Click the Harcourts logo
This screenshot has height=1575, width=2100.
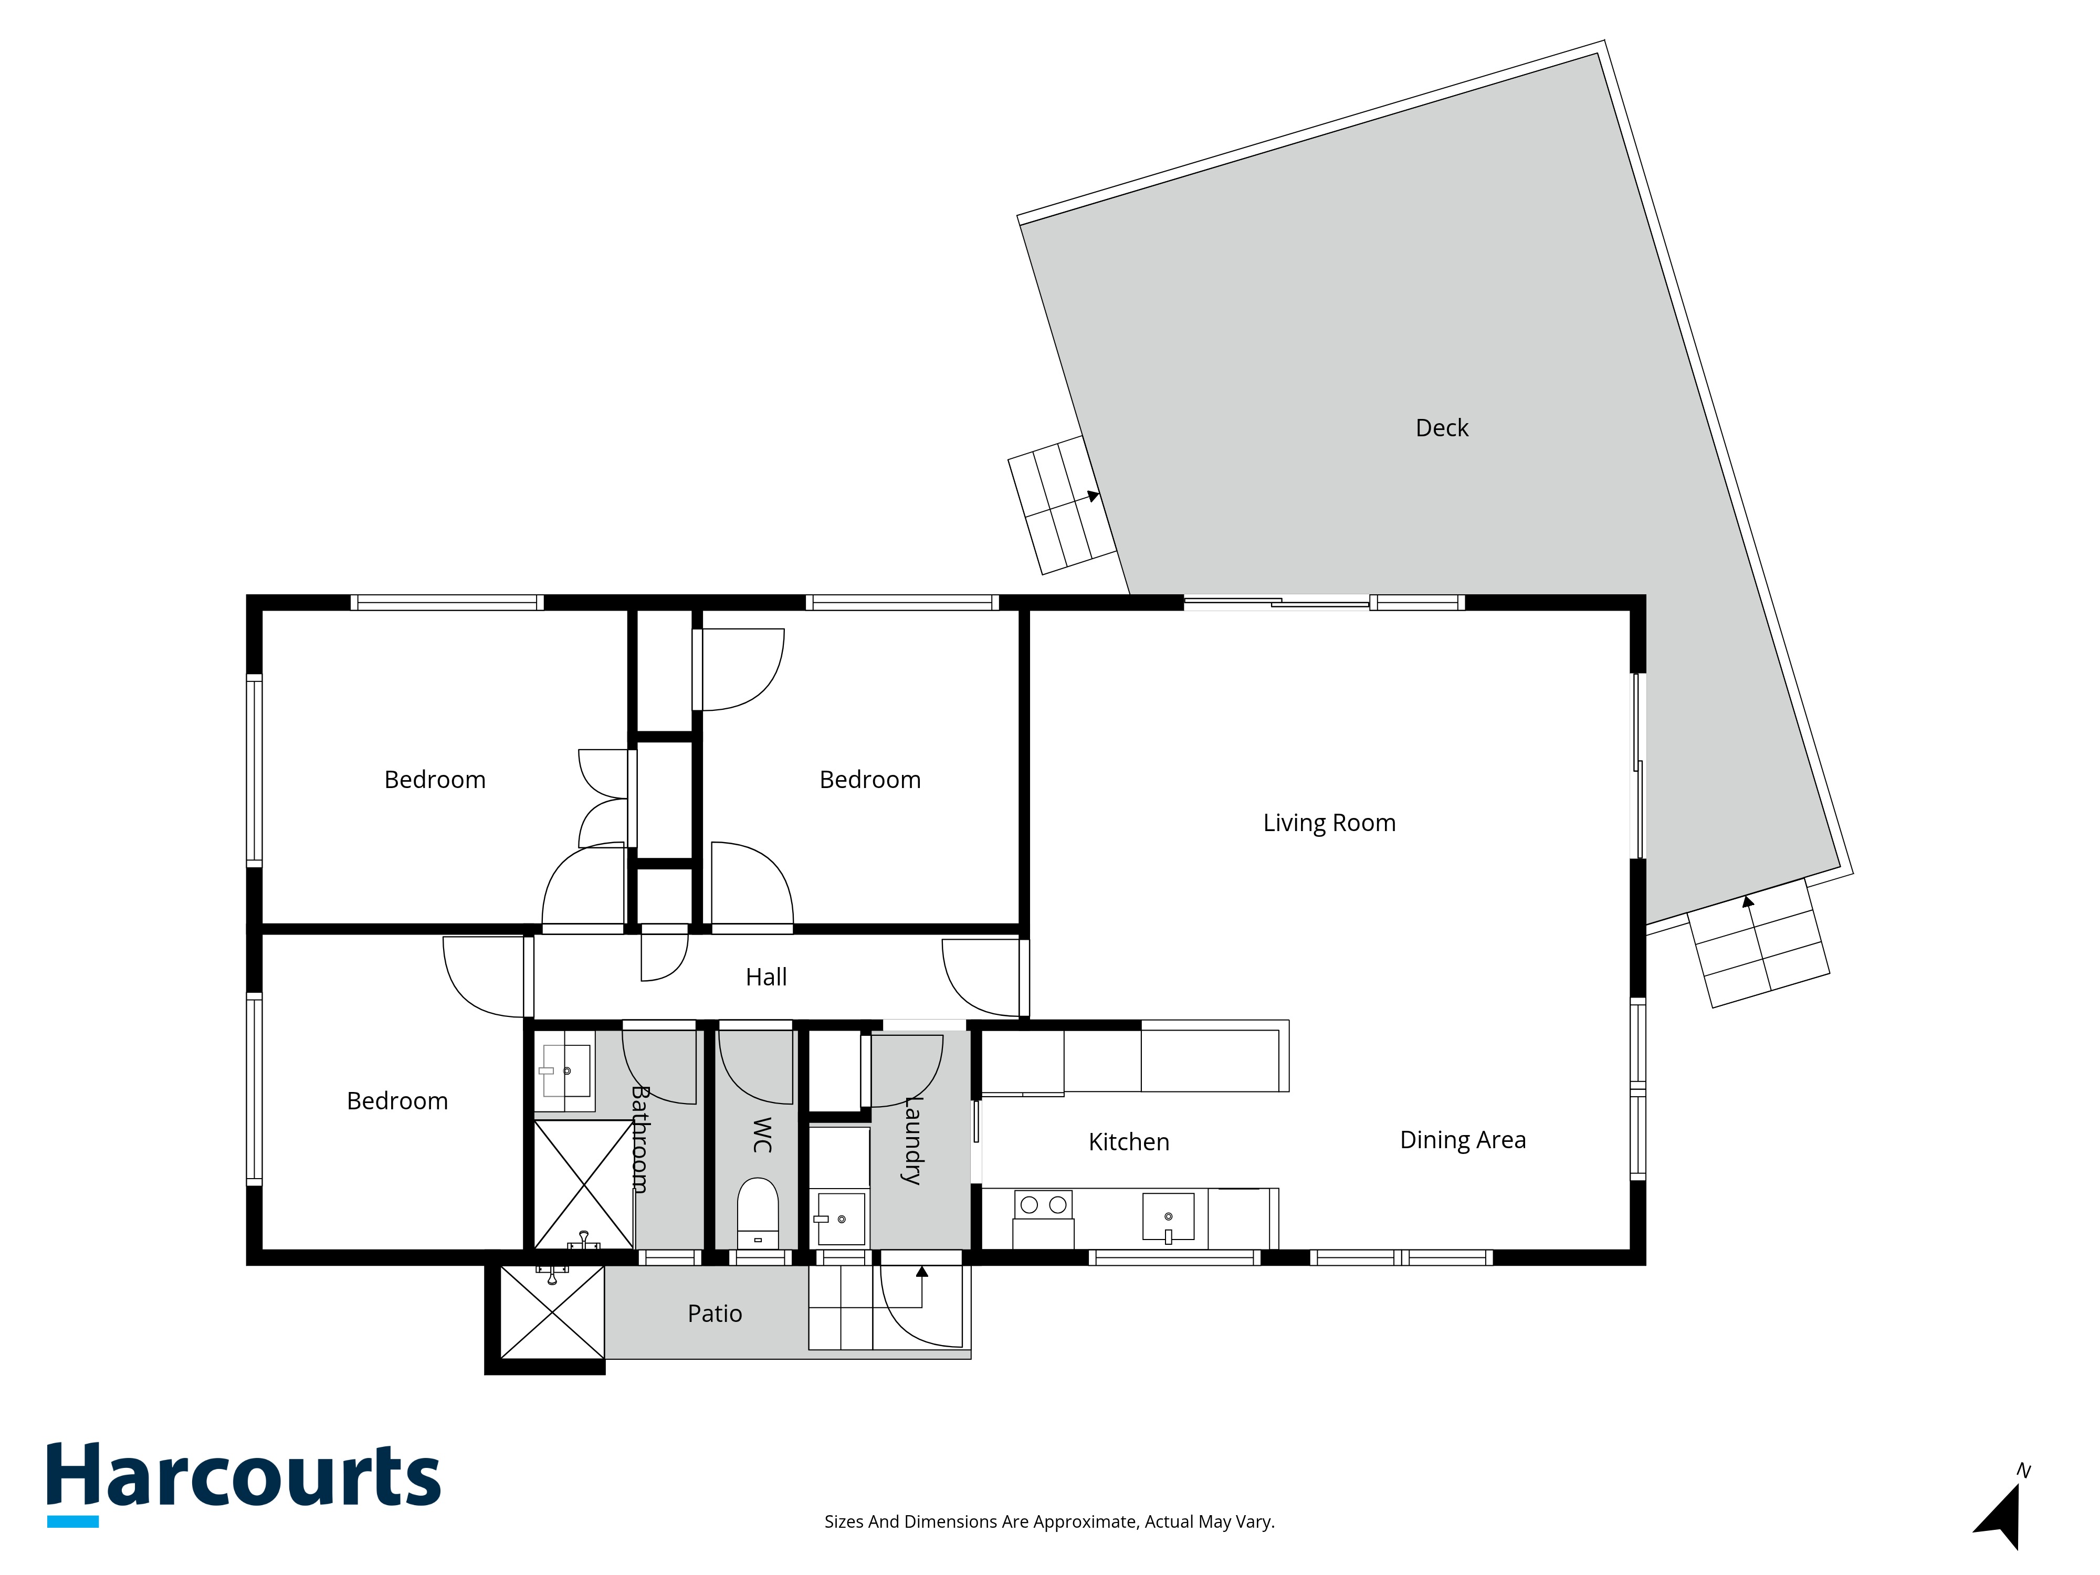point(244,1484)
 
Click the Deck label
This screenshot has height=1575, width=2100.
point(1441,428)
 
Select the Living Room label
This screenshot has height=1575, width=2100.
point(1329,823)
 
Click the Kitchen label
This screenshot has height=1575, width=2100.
point(1129,1141)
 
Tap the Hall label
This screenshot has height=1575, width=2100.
point(766,977)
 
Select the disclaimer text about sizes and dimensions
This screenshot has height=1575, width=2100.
point(1049,1522)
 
